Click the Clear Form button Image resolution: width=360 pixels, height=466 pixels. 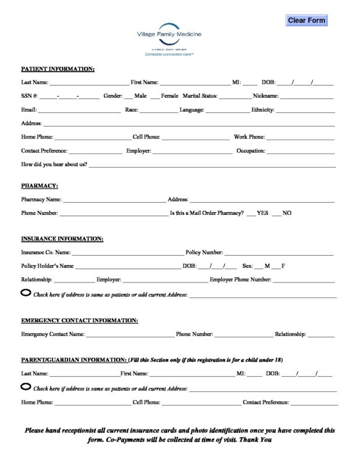(306, 20)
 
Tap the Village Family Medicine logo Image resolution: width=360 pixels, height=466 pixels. (169, 39)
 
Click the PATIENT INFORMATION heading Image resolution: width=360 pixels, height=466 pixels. (58, 69)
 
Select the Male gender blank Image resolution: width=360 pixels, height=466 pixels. (129, 96)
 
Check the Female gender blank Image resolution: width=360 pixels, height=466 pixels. (155, 96)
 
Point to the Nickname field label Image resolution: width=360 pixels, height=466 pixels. (266, 96)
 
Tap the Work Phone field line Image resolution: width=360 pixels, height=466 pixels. (300, 139)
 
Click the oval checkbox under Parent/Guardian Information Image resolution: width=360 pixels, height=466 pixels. (26, 386)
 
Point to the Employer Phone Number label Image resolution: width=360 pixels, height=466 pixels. (240, 280)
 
